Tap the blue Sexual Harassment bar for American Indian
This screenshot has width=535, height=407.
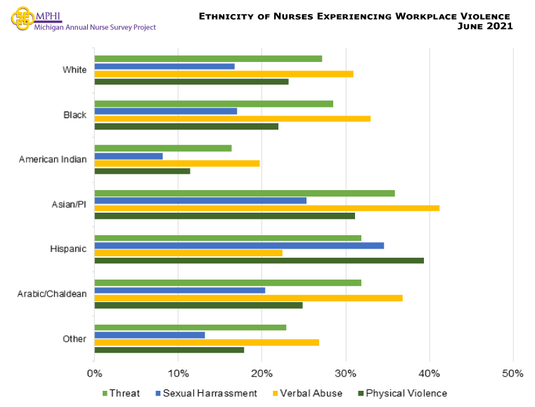pos(128,156)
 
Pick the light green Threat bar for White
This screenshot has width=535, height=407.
pos(208,58)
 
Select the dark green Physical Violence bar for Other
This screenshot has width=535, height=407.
pos(169,350)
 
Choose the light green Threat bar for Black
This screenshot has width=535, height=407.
pos(214,104)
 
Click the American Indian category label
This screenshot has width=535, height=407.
pos(53,159)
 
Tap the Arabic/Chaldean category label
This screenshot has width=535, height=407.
pos(51,294)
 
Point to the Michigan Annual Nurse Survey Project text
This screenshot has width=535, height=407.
pos(95,27)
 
